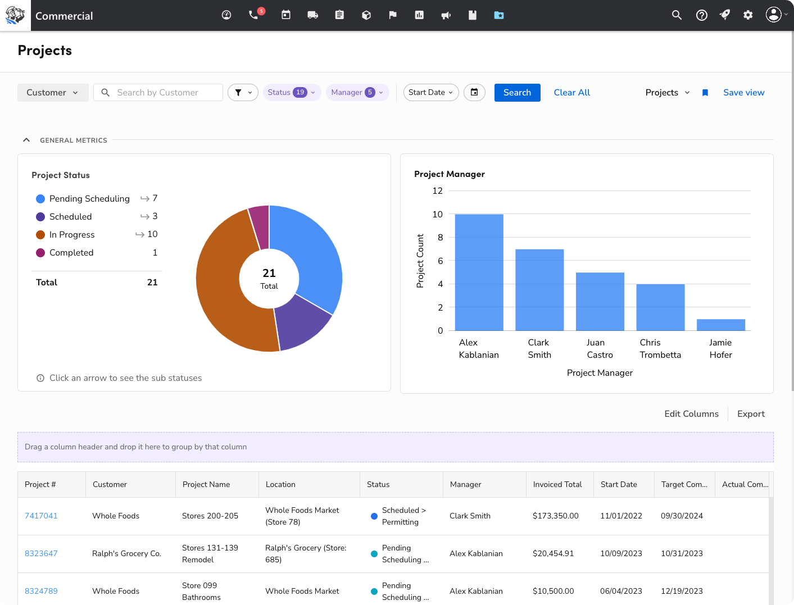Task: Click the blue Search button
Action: point(517,93)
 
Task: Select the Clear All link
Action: point(571,93)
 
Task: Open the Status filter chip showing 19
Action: point(292,93)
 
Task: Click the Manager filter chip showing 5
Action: point(357,93)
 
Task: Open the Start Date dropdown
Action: point(430,93)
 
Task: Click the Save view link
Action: point(743,93)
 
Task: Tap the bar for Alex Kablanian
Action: point(479,272)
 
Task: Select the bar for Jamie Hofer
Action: point(720,325)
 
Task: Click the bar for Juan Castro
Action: point(600,302)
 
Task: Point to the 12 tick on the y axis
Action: point(437,191)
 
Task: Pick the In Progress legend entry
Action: point(72,235)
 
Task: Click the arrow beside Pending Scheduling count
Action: point(145,198)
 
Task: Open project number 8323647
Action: point(41,553)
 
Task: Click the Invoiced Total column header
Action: point(557,484)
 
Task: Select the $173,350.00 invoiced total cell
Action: point(555,516)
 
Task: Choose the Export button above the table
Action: point(751,414)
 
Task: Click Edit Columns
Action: point(691,414)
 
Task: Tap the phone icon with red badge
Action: point(254,15)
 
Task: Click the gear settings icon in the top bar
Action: point(748,15)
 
